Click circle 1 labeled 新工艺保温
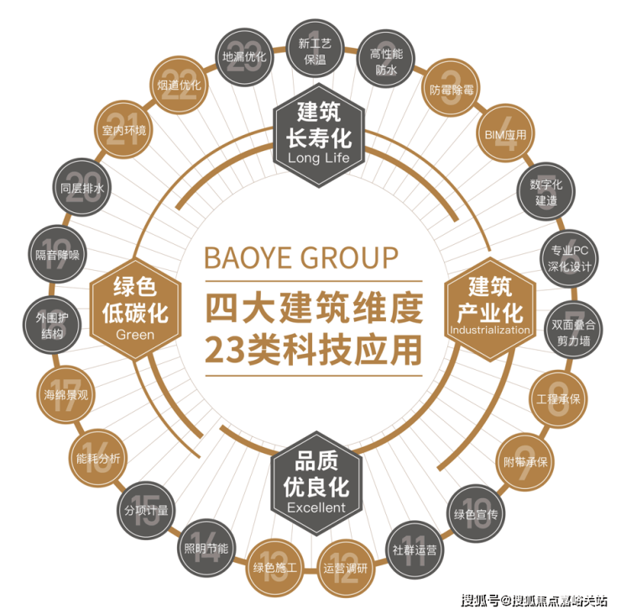(315, 49)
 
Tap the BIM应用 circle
(506, 133)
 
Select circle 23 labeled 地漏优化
(244, 57)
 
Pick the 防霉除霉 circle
(451, 89)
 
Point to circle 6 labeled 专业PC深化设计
(570, 258)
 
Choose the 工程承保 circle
(558, 399)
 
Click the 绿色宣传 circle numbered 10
(476, 514)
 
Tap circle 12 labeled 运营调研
(346, 569)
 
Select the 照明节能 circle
(206, 548)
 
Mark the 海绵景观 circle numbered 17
(66, 394)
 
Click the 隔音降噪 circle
(57, 254)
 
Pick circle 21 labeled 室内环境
(123, 129)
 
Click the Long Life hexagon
(319, 135)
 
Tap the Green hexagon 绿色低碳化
(135, 310)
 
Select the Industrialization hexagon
(490, 310)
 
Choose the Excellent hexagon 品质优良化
(316, 483)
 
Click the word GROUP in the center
(349, 258)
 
